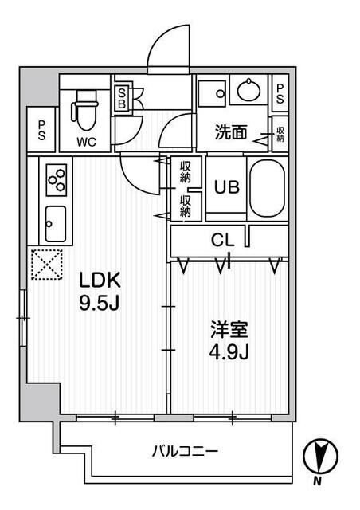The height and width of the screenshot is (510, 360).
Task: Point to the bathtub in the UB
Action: click(266, 189)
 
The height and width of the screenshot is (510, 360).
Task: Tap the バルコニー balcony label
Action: click(185, 453)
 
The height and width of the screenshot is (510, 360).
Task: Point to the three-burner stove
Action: click(55, 181)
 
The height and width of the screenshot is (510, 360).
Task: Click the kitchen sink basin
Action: click(55, 223)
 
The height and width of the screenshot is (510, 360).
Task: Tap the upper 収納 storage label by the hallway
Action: click(186, 171)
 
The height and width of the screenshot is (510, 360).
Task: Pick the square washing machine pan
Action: click(213, 93)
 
